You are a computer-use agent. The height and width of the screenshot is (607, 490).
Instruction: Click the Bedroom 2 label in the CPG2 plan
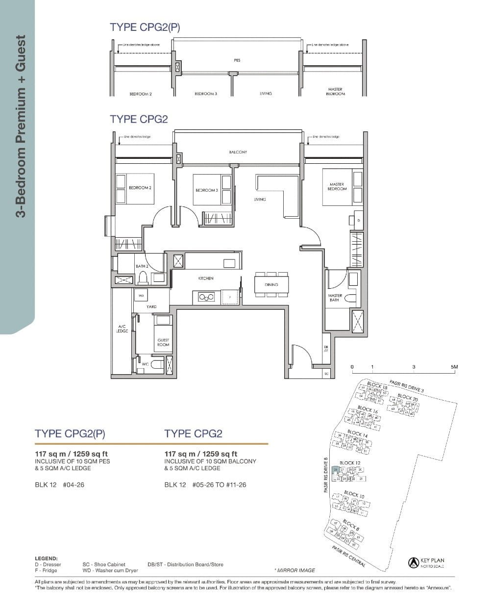point(140,188)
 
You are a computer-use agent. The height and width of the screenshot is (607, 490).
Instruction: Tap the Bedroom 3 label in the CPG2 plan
point(206,190)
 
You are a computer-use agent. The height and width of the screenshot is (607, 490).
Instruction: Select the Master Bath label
point(335,298)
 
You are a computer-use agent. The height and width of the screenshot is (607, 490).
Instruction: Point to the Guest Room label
point(163,342)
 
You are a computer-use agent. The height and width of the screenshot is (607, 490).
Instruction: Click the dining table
point(271,285)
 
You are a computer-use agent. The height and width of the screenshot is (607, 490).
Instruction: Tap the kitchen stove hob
point(206,297)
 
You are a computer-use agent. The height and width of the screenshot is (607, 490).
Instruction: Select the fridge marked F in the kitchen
point(229,297)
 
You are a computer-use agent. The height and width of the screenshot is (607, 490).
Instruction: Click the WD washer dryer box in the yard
point(141,296)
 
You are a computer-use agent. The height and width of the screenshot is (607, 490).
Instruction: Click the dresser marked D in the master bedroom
point(358,221)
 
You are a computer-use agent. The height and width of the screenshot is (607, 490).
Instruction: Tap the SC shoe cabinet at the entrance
point(326,374)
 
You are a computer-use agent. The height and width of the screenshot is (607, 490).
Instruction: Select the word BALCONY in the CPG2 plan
point(238,152)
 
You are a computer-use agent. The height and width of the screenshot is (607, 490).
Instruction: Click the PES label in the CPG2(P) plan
point(237,60)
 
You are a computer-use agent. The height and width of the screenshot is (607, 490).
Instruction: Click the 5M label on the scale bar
point(454,367)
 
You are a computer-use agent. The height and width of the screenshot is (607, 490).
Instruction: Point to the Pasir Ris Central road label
point(348,557)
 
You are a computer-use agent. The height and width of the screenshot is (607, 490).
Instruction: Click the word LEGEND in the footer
point(46,558)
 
